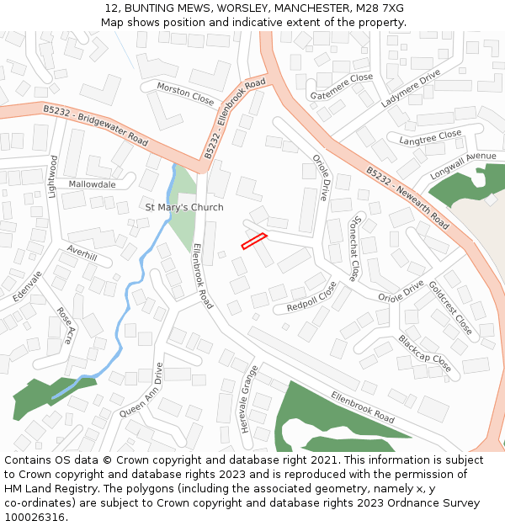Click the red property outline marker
tap(254, 241)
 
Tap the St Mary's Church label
tap(184, 207)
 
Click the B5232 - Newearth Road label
tap(407, 198)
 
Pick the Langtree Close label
tap(430, 137)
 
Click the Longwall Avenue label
tap(463, 163)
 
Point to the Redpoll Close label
tap(311, 296)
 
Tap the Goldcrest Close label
tap(450, 307)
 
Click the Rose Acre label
tap(65, 326)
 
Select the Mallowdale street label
tap(93, 183)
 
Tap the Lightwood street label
tap(52, 177)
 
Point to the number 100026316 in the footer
tap(35, 518)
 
